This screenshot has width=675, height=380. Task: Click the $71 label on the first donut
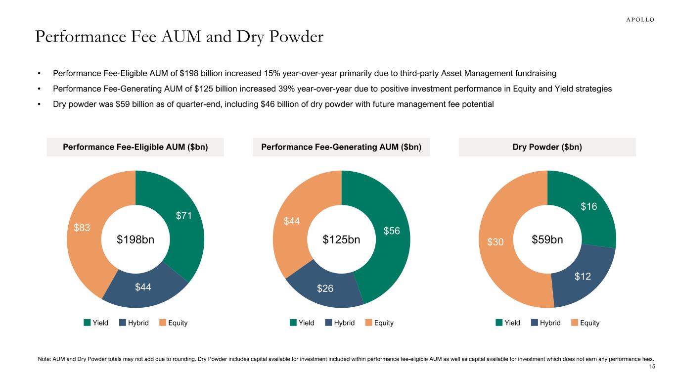click(184, 216)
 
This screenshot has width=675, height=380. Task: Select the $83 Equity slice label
click(82, 228)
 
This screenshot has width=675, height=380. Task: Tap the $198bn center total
click(135, 240)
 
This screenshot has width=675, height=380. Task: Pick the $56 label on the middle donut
click(392, 231)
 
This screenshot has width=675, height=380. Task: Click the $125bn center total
click(341, 240)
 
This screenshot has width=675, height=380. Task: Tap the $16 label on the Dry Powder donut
click(588, 206)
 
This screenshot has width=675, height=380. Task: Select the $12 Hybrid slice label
click(583, 277)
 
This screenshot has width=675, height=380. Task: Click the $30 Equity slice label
click(496, 241)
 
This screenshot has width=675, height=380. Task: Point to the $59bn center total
click(547, 240)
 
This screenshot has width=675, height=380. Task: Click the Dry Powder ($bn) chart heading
click(547, 147)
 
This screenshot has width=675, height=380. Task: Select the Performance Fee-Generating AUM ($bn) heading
click(341, 147)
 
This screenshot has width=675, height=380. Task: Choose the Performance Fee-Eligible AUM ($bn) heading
click(135, 147)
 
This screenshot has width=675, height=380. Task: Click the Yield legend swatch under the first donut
click(87, 323)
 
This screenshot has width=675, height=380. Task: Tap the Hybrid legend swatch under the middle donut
click(328, 323)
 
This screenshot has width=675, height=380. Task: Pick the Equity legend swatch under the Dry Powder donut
click(575, 323)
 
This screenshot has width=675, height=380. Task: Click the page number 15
click(652, 367)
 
